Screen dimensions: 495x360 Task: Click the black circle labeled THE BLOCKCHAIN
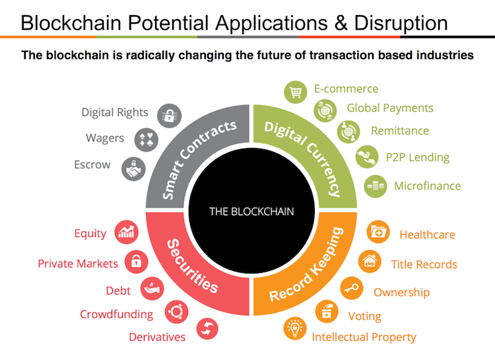[x=251, y=211]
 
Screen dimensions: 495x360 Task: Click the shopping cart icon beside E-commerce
[x=294, y=91]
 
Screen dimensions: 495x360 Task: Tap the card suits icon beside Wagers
[x=145, y=140]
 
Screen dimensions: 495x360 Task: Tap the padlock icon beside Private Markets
[x=136, y=262]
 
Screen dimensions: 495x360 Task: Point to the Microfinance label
[x=427, y=186]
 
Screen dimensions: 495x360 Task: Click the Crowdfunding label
[x=116, y=314]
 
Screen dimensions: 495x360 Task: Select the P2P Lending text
[x=417, y=157]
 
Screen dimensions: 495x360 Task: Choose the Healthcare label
[x=427, y=234]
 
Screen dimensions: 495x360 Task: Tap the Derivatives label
[x=157, y=336]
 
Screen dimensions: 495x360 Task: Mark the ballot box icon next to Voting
[x=327, y=310]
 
